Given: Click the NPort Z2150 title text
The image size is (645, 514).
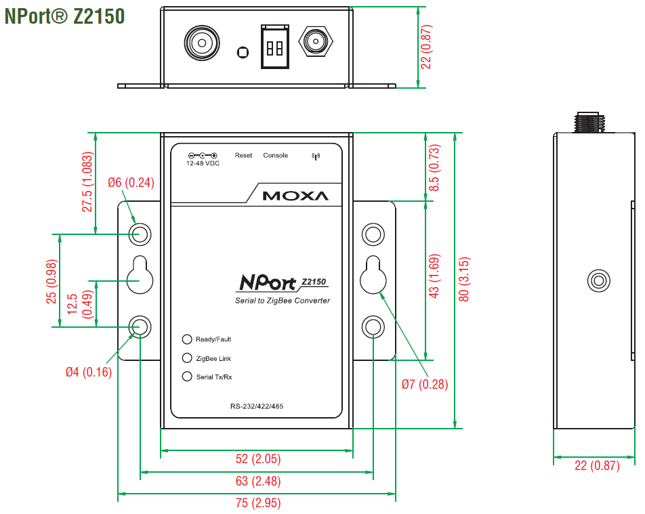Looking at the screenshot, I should click(x=64, y=16).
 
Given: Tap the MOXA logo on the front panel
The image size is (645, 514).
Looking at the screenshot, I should click(x=295, y=196).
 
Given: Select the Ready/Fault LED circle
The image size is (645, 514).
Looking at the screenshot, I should click(x=187, y=339).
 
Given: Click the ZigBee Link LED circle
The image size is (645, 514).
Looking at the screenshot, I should click(x=187, y=358).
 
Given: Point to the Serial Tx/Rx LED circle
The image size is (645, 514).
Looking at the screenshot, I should click(x=187, y=377).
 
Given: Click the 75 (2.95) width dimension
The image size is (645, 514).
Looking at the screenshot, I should click(x=257, y=503).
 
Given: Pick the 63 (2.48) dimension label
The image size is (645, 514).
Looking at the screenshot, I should click(x=257, y=481).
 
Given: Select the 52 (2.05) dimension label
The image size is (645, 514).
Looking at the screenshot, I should click(x=257, y=459).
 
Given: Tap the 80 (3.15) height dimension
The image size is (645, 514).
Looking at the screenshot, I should click(x=465, y=280).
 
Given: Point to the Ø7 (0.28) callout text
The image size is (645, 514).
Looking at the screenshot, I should click(x=425, y=384).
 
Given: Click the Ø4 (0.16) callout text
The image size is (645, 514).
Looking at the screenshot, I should click(x=89, y=372).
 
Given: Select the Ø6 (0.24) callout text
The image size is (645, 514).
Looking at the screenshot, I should click(x=131, y=181).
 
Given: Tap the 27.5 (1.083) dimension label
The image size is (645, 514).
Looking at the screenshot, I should click(x=87, y=181).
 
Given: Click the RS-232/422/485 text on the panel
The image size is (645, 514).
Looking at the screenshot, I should click(x=257, y=406).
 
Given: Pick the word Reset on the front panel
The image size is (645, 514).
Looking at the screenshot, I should click(x=243, y=156).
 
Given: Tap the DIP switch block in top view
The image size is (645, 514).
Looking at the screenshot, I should click(x=275, y=47).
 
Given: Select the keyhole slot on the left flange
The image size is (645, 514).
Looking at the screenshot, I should click(x=140, y=275).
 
